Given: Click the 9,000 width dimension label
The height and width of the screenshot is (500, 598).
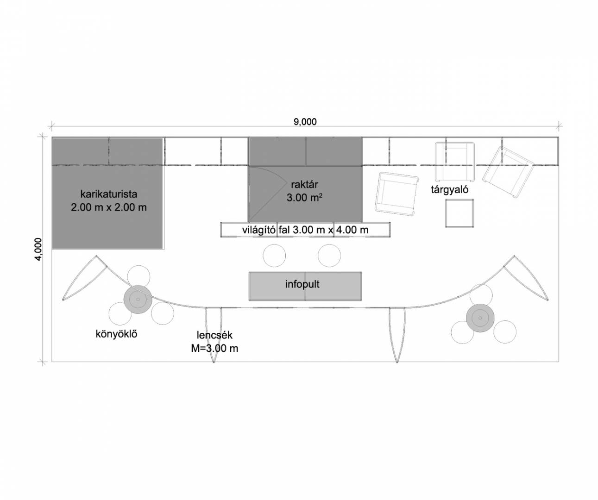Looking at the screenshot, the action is click(x=305, y=122).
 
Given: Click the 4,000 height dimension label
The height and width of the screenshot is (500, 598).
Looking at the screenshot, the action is click(x=38, y=249).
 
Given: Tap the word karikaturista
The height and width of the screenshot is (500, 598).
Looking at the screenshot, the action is click(x=109, y=194).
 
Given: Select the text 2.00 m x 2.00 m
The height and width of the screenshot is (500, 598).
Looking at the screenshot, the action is click(x=109, y=207).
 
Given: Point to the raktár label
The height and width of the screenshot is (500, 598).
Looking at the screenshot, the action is click(x=304, y=185).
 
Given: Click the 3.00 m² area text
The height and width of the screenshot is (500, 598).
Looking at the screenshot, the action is click(x=304, y=198).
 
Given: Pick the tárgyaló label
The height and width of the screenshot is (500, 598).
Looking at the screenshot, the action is click(x=449, y=189).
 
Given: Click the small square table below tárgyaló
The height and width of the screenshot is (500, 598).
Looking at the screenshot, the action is click(x=460, y=213).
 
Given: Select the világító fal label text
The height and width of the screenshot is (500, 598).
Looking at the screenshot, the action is click(x=305, y=230).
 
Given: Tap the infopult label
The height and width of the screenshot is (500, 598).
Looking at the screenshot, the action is click(x=302, y=284).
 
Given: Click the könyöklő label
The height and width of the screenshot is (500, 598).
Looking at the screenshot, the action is click(x=116, y=334).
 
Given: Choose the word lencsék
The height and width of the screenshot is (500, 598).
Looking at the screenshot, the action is click(x=214, y=335).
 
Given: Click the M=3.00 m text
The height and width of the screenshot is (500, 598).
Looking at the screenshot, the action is click(x=214, y=348).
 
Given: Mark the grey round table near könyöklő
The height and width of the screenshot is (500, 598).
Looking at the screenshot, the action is click(x=138, y=300).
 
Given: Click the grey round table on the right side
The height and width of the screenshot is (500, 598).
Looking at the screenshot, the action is click(x=480, y=318).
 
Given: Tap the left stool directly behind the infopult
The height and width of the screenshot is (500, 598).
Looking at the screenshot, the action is click(x=274, y=256).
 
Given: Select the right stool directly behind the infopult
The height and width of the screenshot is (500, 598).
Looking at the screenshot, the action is click(x=329, y=256).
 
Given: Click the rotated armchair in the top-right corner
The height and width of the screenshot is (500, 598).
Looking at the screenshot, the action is click(x=509, y=172).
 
